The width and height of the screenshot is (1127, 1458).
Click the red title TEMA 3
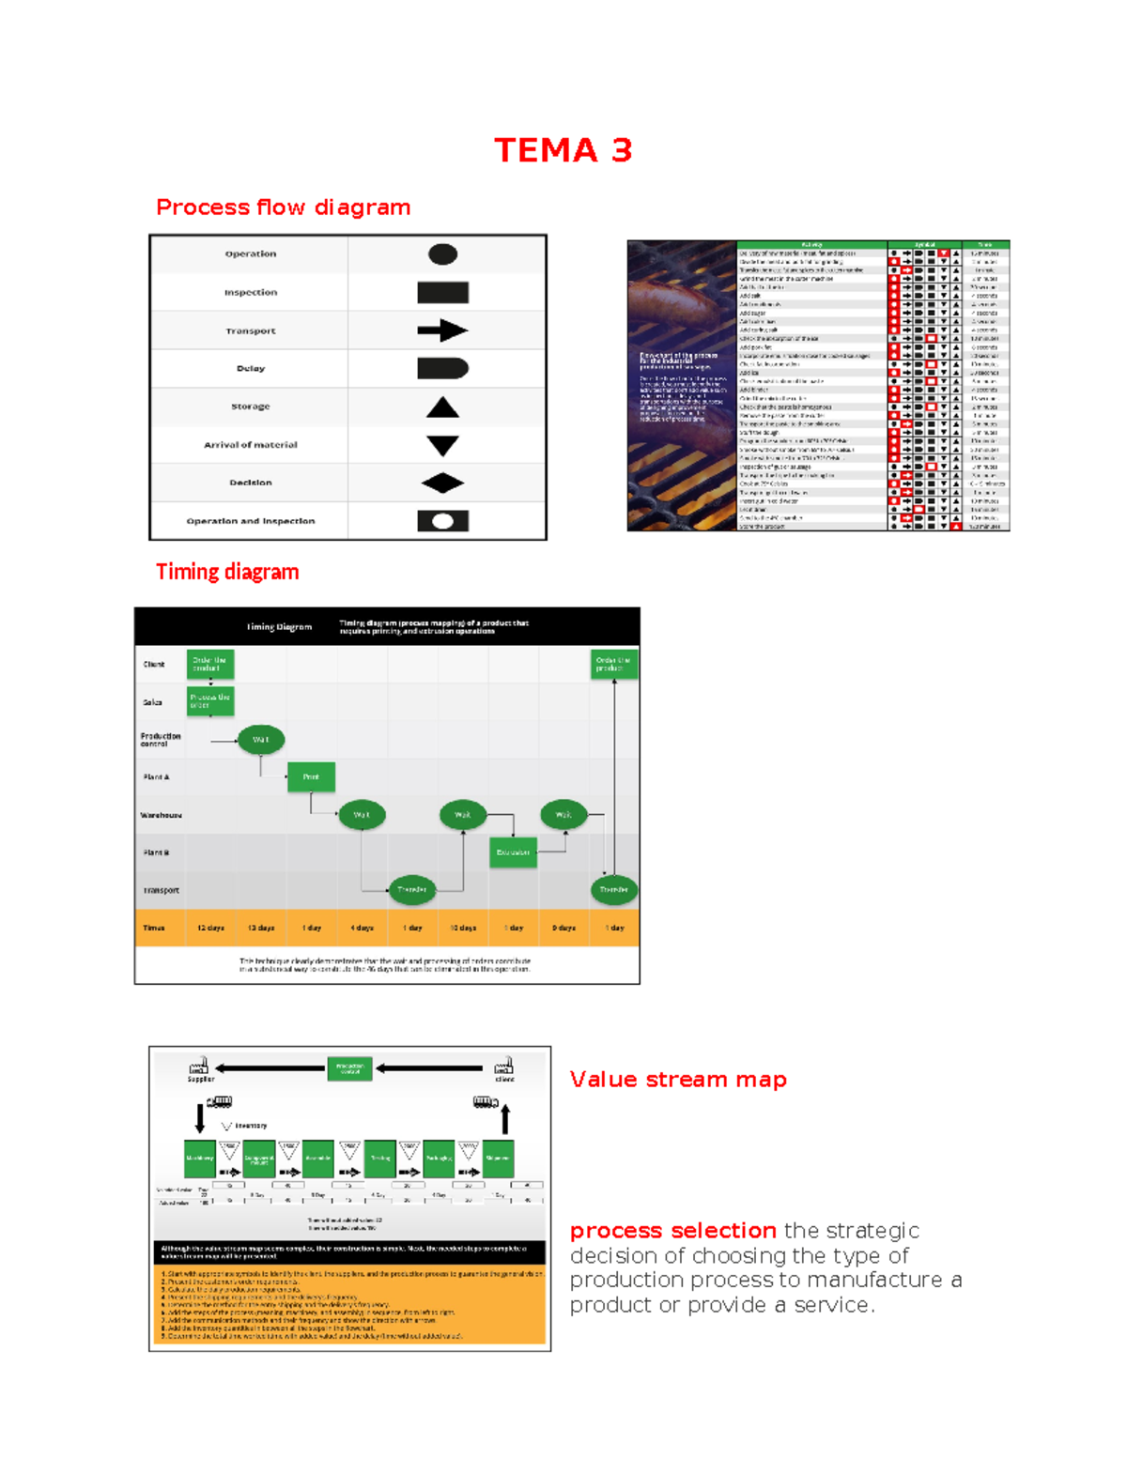click(x=563, y=150)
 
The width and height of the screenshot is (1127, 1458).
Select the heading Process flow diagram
click(x=283, y=207)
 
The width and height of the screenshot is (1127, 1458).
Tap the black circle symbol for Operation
click(x=442, y=254)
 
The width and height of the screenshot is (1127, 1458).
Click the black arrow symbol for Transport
click(x=442, y=330)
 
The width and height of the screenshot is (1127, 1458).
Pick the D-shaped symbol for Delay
click(x=442, y=368)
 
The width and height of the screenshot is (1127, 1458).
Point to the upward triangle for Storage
click(x=442, y=407)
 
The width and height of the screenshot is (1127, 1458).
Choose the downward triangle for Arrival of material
click(x=442, y=445)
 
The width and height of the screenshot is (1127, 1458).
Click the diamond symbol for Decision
click(x=442, y=483)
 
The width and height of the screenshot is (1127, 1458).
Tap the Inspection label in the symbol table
click(x=250, y=293)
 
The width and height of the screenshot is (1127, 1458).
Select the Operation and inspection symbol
click(x=442, y=521)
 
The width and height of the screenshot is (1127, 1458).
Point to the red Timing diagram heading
click(x=227, y=572)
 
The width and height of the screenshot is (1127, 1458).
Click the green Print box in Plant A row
click(x=311, y=776)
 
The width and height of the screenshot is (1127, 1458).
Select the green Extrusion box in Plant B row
click(x=513, y=852)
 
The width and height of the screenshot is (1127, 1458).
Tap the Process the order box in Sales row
click(x=210, y=701)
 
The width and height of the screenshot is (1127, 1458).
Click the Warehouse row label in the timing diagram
click(x=161, y=815)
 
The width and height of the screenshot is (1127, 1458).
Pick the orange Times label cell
click(x=154, y=928)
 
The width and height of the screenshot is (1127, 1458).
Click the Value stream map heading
click(x=678, y=1080)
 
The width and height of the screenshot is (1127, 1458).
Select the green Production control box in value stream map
click(x=350, y=1068)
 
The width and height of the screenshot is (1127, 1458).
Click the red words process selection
click(x=672, y=1231)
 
